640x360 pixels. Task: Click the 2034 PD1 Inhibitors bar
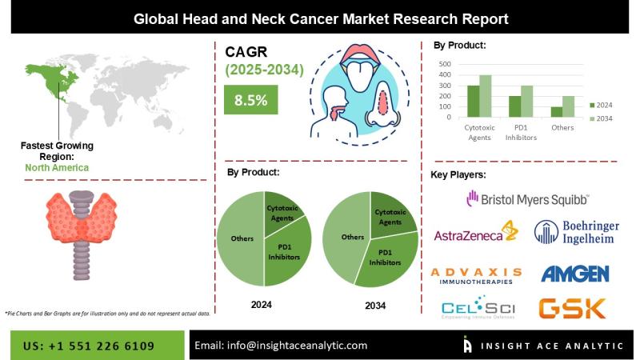pos(526,102)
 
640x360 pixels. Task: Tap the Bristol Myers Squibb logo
pos(529,197)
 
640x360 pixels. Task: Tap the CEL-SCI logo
pos(476,308)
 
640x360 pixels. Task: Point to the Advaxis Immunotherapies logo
pos(476,275)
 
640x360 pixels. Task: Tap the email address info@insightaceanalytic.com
pos(281,346)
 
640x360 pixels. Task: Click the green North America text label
pos(56,167)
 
